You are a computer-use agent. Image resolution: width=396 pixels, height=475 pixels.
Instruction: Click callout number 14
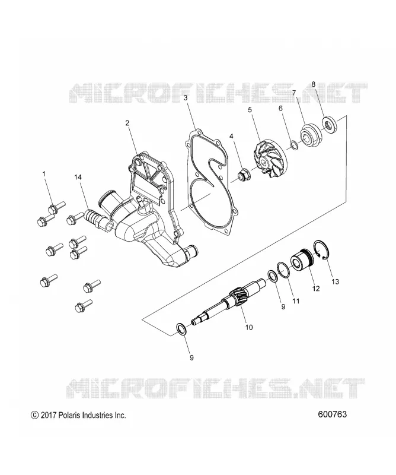(x=78, y=177)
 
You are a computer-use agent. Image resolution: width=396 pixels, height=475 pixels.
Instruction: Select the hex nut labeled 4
(x=242, y=175)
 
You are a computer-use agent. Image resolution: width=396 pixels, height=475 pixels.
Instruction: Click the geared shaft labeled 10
(x=229, y=302)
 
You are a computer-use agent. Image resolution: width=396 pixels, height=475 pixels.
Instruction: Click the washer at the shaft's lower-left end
(x=181, y=330)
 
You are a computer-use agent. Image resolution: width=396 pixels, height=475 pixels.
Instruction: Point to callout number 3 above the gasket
(x=186, y=97)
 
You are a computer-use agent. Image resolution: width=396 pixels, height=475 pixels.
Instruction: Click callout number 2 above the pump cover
(x=127, y=123)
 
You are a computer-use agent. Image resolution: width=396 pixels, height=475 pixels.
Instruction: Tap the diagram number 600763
(x=332, y=414)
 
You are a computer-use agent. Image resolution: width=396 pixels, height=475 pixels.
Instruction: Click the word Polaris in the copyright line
(x=67, y=415)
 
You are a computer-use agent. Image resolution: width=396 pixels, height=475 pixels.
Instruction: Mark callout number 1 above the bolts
(x=44, y=174)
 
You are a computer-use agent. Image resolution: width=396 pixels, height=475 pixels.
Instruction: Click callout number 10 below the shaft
(x=248, y=327)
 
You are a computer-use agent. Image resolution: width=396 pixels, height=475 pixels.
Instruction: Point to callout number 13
(x=335, y=281)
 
